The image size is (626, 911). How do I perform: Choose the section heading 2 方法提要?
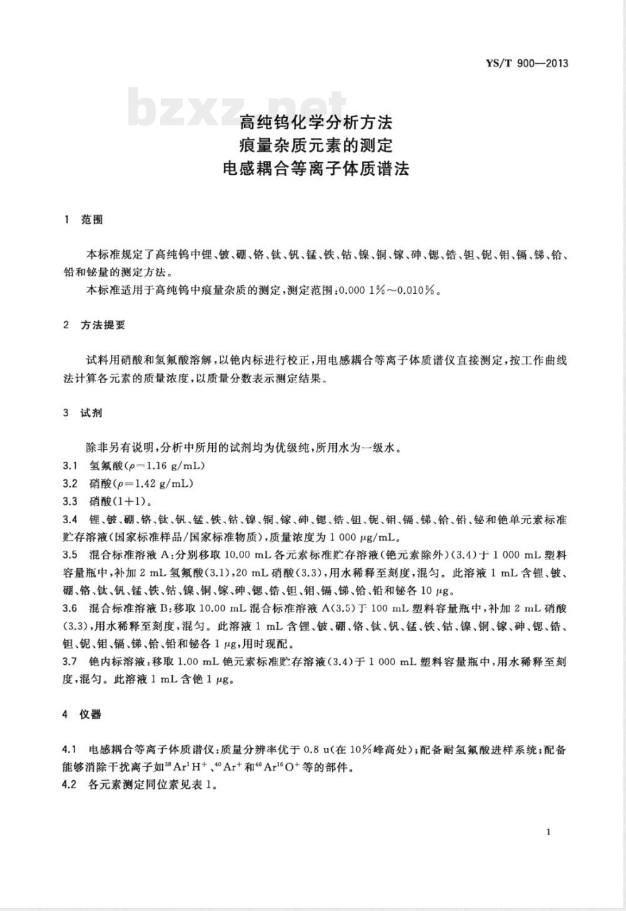[95, 325]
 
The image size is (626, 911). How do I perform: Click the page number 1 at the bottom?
[548, 831]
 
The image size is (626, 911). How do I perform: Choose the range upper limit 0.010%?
[423, 290]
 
